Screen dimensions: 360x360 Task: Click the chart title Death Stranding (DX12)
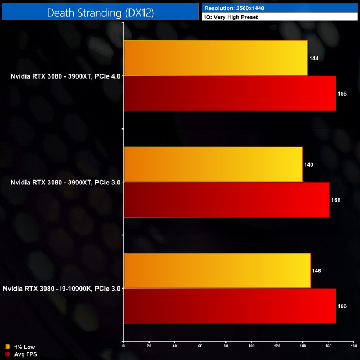coord(100,12)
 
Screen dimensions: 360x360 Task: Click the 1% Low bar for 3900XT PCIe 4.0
coord(215,58)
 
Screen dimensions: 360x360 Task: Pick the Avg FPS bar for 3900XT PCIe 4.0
coord(229,94)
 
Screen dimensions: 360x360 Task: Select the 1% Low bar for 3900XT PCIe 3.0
coord(213,164)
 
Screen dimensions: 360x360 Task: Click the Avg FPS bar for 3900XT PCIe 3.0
coord(226,200)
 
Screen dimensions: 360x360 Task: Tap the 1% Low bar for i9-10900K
coord(217,271)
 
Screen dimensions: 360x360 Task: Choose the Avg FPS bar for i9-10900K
coord(229,306)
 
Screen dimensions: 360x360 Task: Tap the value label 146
coord(317,271)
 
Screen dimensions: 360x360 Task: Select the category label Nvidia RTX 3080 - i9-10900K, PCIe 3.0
coord(61,289)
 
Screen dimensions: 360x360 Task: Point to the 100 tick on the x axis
coord(251,346)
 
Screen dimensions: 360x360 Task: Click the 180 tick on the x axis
coord(353,346)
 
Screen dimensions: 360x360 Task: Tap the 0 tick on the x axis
coord(123,346)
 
